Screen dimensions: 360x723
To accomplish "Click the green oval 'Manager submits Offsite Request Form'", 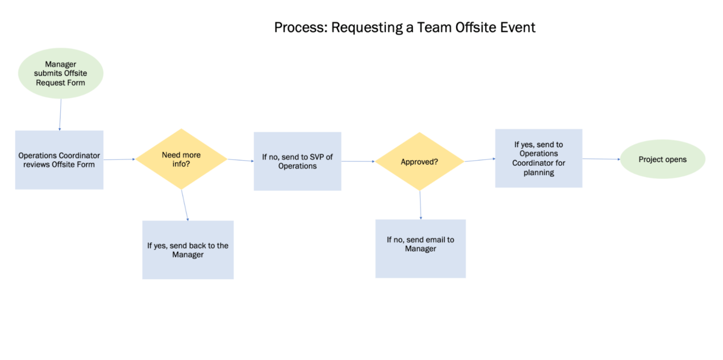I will pos(60,73).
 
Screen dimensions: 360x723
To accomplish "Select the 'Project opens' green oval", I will pos(662,159).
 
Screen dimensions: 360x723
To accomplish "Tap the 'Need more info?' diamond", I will pos(181,159).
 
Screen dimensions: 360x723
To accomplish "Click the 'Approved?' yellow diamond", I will pos(419,162).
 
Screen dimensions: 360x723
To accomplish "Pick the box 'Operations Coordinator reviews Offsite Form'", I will pos(59,160).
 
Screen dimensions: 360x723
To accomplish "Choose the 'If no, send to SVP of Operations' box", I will pos(297,161).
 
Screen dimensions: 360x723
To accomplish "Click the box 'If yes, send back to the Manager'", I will pos(188,250).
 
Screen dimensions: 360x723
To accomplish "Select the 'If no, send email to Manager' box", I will pos(420,248).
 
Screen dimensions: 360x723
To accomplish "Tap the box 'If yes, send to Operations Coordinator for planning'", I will pos(539,158).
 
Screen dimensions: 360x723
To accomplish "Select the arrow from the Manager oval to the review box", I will pos(60,114).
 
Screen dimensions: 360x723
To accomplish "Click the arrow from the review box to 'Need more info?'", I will pos(119,160).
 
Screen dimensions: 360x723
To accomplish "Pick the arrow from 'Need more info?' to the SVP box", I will pos(240,160).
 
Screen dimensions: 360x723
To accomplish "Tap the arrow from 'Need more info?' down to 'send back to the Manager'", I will pos(185,205).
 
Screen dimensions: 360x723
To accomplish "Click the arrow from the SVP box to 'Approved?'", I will pos(358,161).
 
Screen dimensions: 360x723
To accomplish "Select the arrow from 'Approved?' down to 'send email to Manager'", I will pos(420,205).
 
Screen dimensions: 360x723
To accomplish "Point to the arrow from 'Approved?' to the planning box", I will pos(480,160).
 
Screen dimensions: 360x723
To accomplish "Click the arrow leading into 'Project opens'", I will pos(601,159).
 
